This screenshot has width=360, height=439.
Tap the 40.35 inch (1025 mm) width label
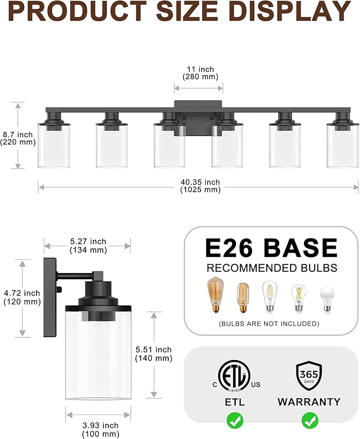point(200,186)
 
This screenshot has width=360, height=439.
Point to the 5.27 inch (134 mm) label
point(88,246)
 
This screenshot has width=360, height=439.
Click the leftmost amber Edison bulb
point(215,295)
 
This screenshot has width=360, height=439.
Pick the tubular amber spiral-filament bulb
point(243,298)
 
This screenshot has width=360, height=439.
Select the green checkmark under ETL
point(235,421)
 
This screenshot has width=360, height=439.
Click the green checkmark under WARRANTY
point(309,421)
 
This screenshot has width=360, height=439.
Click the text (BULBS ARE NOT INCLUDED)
point(269,324)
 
